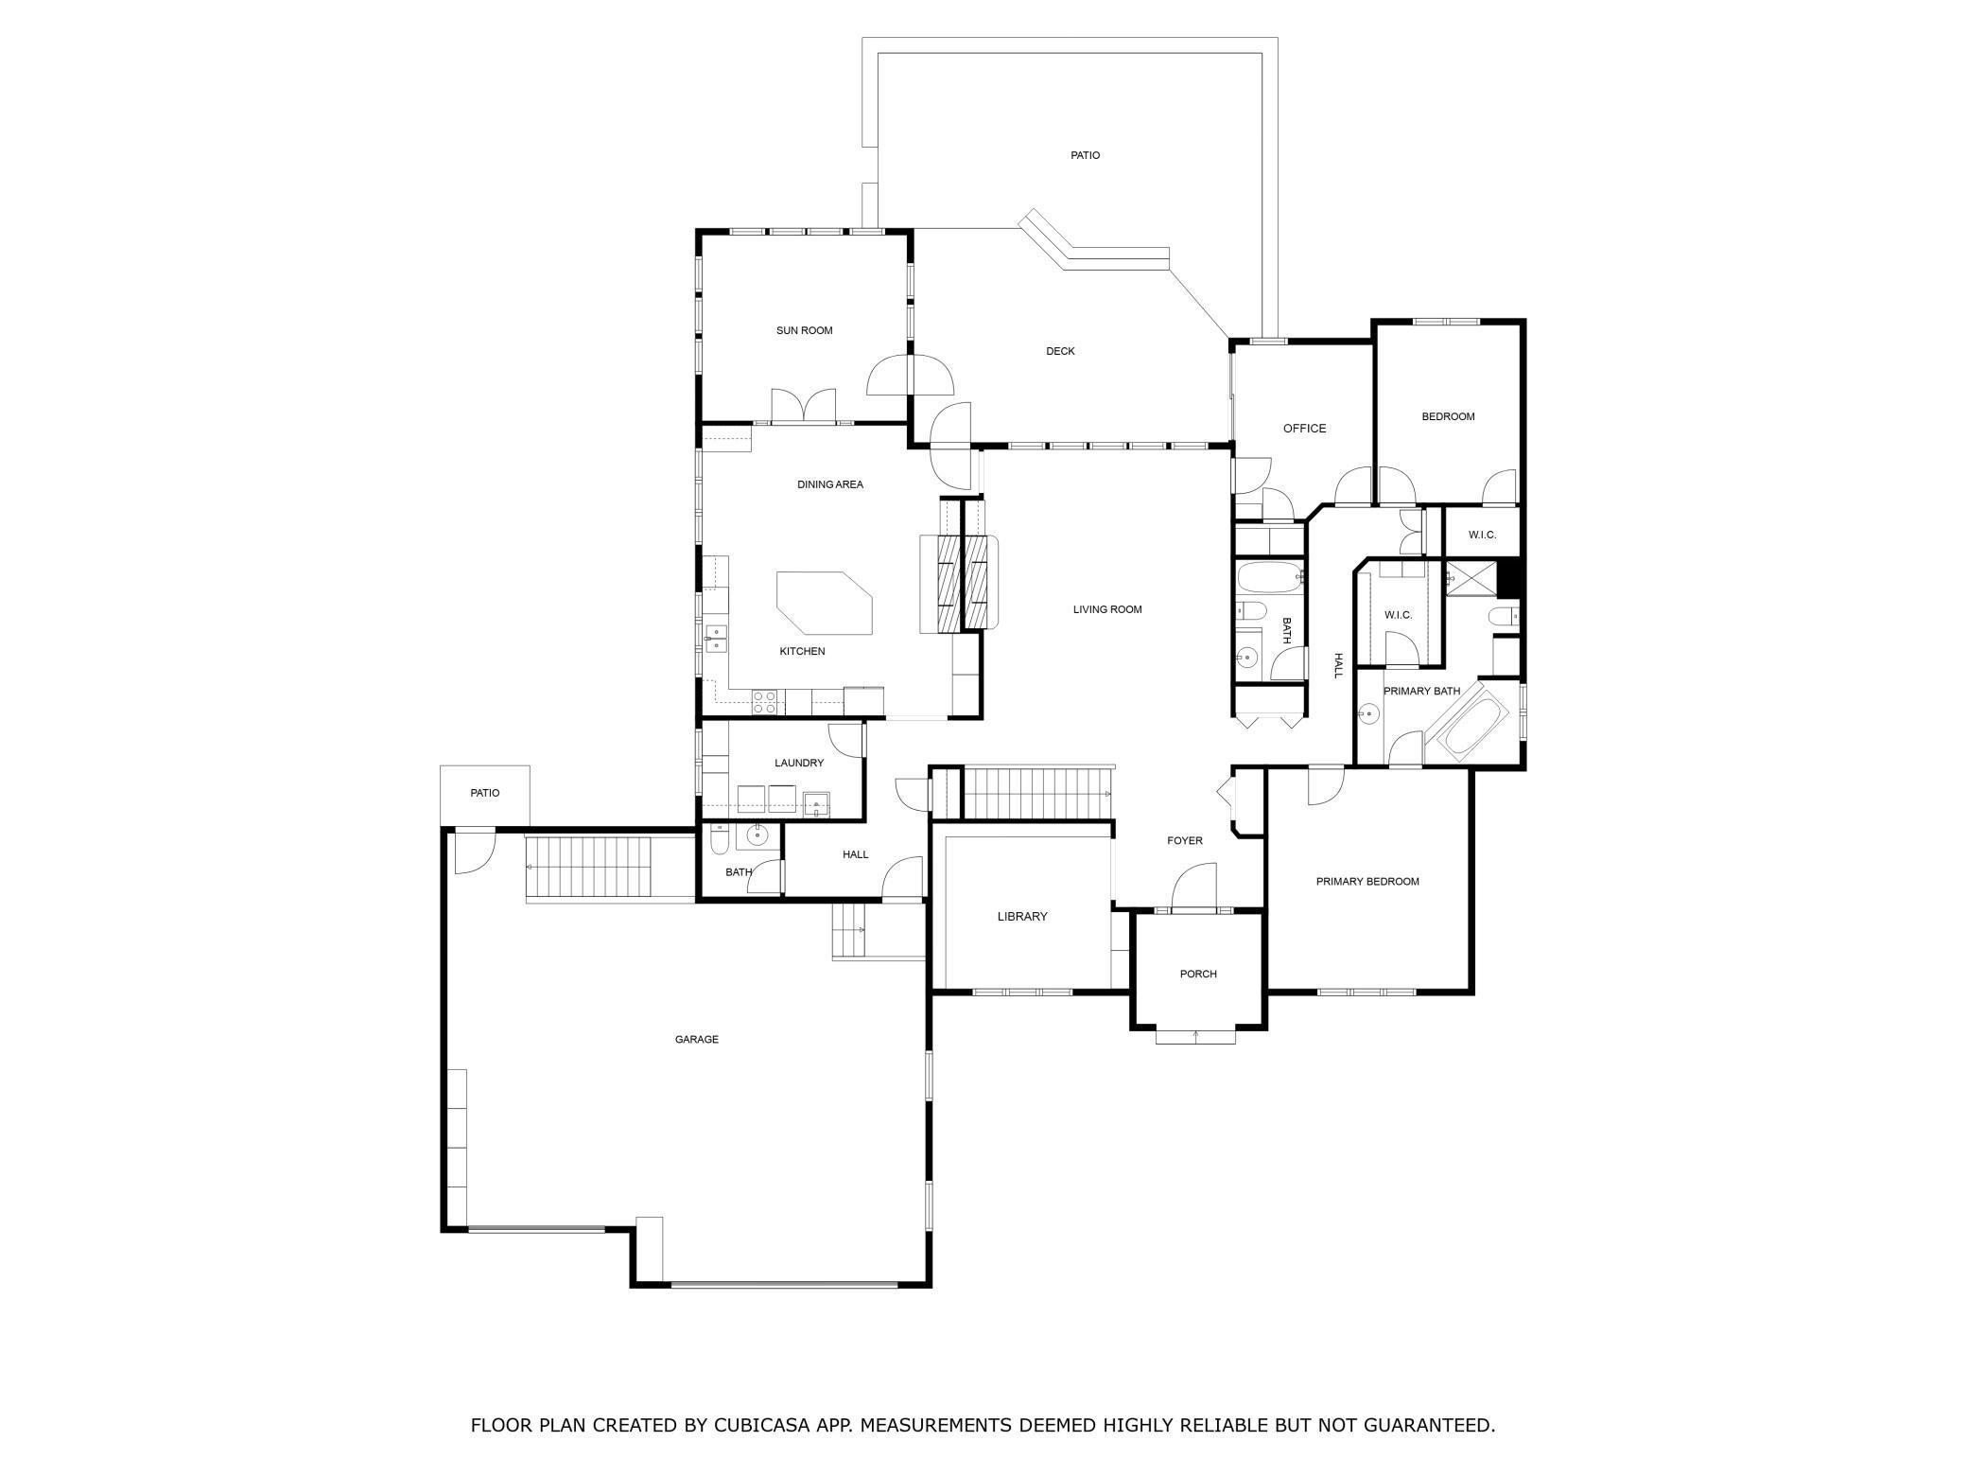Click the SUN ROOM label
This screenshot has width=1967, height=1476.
(x=804, y=330)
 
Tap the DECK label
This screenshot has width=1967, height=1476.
(x=1060, y=351)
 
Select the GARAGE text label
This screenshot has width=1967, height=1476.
(x=696, y=1039)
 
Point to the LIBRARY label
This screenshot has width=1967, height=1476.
(x=1022, y=916)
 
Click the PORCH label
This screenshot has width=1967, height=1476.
(x=1198, y=974)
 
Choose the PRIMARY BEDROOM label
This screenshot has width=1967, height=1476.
(x=1367, y=881)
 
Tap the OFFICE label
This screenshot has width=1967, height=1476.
(x=1304, y=429)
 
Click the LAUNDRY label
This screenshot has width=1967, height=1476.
(x=799, y=763)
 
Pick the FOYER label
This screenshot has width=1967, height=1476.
(x=1185, y=840)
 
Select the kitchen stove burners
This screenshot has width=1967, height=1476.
(x=765, y=702)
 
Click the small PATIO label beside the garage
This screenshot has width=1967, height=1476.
(x=485, y=793)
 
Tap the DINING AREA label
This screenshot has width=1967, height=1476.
(x=829, y=484)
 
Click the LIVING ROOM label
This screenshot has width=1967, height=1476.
(x=1107, y=609)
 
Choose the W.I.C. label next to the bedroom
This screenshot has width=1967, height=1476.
(x=1482, y=535)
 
